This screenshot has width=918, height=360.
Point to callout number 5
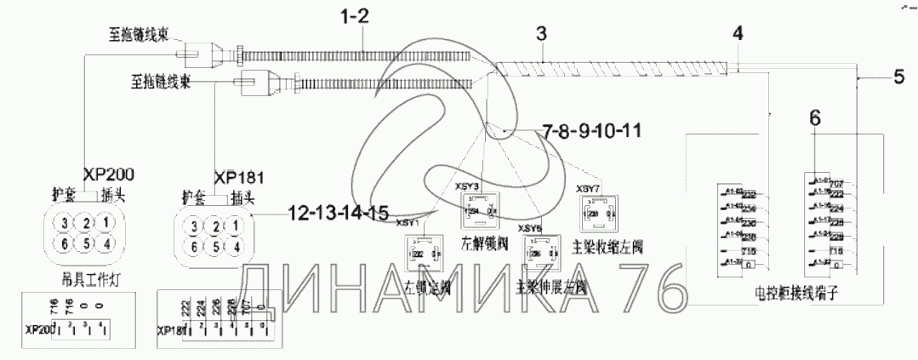click(x=898, y=77)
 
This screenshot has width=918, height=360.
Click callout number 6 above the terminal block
click(x=815, y=121)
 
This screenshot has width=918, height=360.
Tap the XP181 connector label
click(x=240, y=178)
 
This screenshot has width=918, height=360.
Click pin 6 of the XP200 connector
click(x=62, y=242)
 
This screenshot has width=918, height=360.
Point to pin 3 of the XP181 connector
click(x=196, y=226)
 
